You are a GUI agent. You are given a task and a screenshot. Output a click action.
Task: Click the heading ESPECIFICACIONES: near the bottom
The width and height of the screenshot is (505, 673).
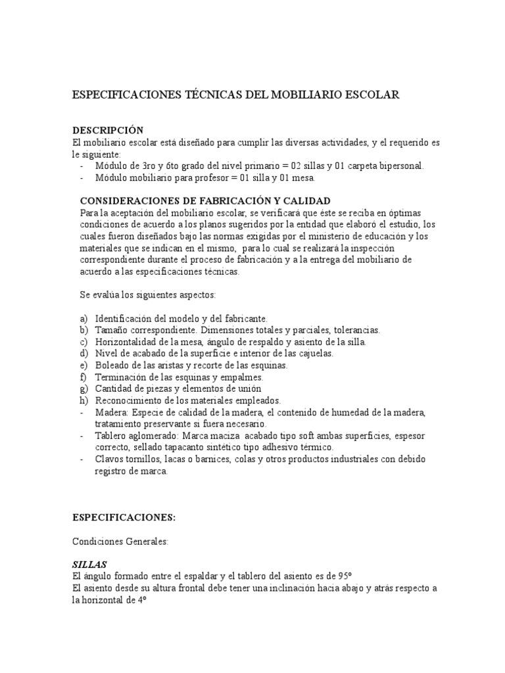[124, 517]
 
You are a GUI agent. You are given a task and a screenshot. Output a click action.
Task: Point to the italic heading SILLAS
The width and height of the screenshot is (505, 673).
[89, 565]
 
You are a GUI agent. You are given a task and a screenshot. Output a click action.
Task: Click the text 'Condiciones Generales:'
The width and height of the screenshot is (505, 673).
[120, 541]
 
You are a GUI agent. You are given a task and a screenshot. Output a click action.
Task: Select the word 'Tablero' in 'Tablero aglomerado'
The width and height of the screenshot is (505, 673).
[112, 436]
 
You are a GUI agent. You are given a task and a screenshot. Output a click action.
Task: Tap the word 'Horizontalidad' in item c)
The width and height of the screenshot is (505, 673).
[127, 342]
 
